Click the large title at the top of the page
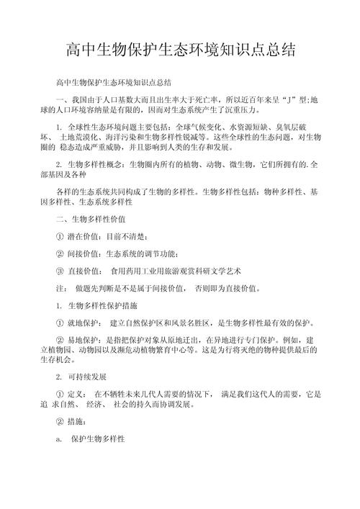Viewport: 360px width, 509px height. click(180, 50)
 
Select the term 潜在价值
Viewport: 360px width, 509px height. click(85, 235)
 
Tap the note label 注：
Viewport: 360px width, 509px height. click(61, 288)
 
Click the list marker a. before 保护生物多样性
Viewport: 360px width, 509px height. click(59, 440)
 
